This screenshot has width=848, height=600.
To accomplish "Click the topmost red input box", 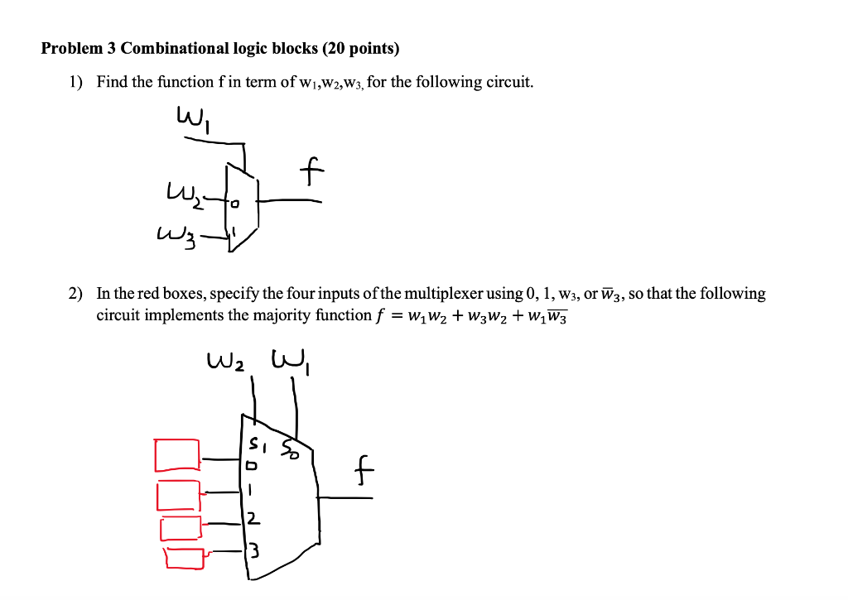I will [176, 454].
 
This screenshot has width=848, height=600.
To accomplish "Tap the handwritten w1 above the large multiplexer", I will [290, 361].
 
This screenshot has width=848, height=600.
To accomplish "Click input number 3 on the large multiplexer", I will [253, 549].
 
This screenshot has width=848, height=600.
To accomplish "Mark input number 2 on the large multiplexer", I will [253, 520].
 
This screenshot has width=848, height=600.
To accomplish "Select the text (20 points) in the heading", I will [361, 49].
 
